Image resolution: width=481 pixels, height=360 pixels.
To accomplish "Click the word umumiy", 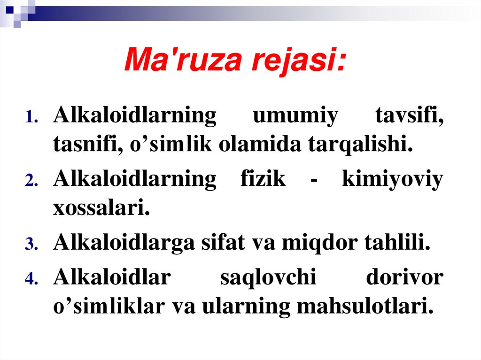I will coord(295,116).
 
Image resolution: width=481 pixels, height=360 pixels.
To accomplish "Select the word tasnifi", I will coord(85,145).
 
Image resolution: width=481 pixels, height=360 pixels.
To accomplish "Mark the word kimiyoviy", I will coord(392,179).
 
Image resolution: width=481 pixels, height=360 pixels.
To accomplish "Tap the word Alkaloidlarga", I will coord(124,243).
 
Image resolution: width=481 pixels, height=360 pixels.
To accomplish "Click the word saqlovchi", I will coord(268,277).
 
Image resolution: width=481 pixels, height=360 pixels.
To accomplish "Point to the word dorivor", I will coord(404,277).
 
